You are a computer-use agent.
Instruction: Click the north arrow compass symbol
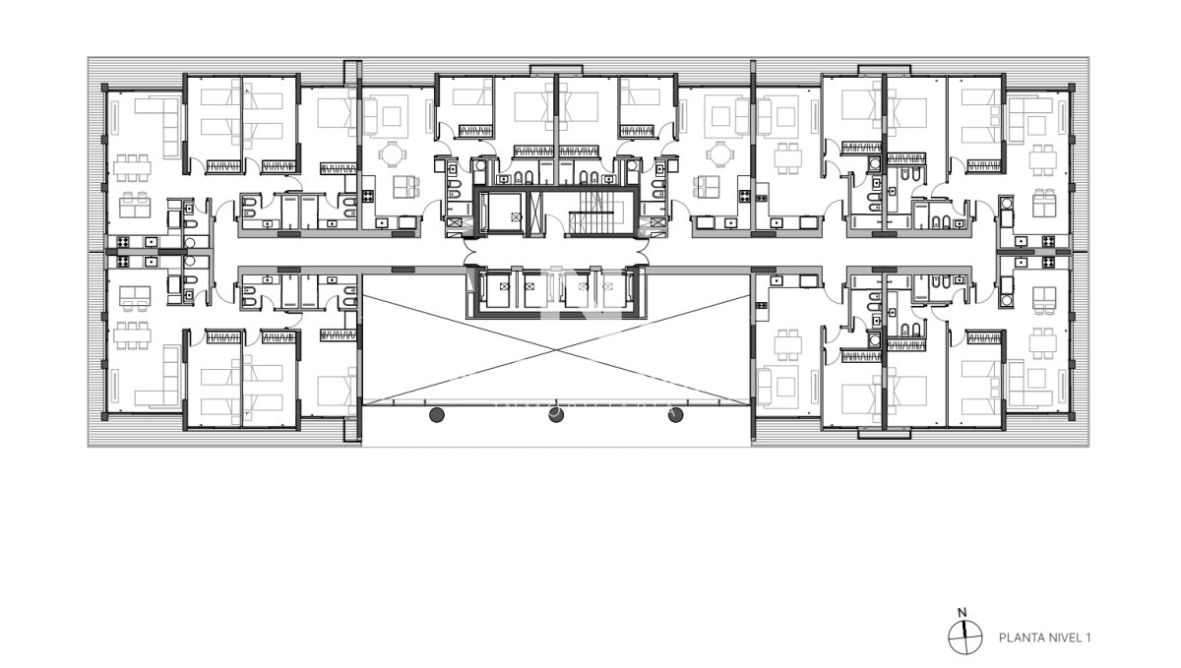click(965, 638)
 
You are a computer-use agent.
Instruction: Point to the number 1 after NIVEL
click(1088, 638)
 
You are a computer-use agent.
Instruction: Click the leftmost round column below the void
click(437, 414)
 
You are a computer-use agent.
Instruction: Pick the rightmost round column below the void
click(675, 414)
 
